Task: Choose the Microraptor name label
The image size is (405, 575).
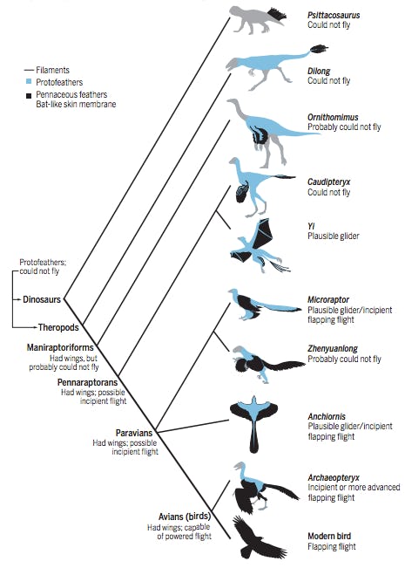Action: tap(328, 299)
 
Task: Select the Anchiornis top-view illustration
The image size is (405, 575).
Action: tap(260, 422)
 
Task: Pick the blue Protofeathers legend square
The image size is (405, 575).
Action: tap(30, 80)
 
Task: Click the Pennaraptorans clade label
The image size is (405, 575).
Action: tap(87, 382)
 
